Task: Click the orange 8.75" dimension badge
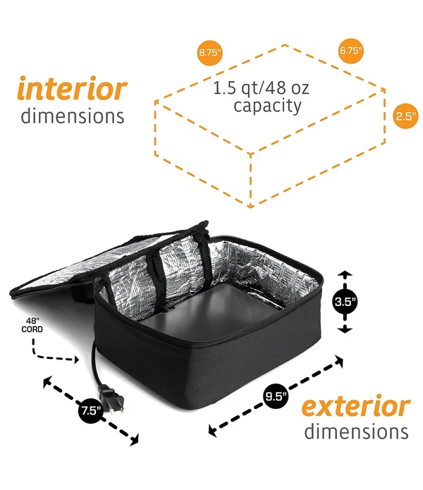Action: click(210, 52)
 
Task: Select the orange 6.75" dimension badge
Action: click(351, 50)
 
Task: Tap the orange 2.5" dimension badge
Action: click(405, 116)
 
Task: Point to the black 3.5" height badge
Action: click(345, 302)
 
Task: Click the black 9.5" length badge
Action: click(276, 396)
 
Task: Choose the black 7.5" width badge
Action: click(91, 410)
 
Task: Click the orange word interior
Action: click(72, 88)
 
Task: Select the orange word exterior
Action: click(356, 406)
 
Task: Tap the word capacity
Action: click(267, 106)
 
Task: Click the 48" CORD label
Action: click(32, 325)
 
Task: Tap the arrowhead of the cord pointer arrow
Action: click(76, 360)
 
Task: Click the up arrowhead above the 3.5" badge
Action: click(345, 274)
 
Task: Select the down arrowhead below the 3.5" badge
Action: click(345, 330)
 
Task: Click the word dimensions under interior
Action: click(73, 116)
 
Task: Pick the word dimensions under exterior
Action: click(357, 431)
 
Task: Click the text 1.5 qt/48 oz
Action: click(261, 88)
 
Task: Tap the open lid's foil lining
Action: click(94, 266)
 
